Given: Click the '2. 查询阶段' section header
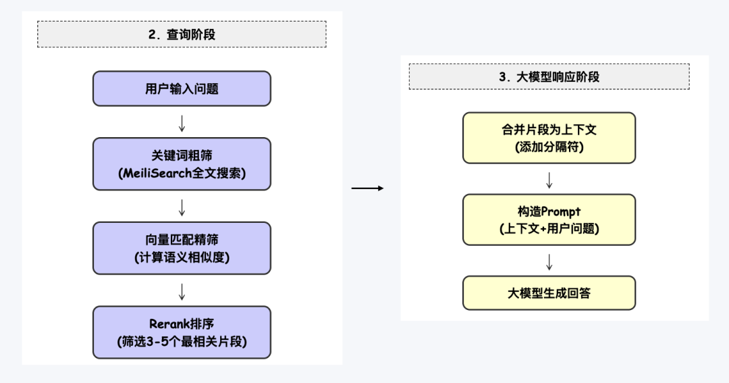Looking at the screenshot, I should pyautogui.click(x=182, y=34).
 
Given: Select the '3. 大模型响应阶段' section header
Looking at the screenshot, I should pyautogui.click(x=549, y=77).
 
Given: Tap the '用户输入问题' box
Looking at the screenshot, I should pyautogui.click(x=182, y=88).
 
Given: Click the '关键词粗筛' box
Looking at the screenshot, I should pyautogui.click(x=182, y=163).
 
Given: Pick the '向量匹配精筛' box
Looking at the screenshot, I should pyautogui.click(x=182, y=248).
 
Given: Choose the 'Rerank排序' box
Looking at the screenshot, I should pyautogui.click(x=182, y=332).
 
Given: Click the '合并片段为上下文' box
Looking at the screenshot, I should pyautogui.click(x=549, y=138).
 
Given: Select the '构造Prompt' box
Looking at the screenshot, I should pyautogui.click(x=549, y=220).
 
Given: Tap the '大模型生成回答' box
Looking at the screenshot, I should pyautogui.click(x=549, y=293).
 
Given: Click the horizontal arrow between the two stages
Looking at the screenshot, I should pyautogui.click(x=368, y=188).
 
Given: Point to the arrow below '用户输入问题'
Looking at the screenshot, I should pyautogui.click(x=182, y=123).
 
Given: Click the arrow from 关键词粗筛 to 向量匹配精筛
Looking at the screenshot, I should pyautogui.click(x=182, y=207).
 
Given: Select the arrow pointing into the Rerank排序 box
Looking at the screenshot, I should pyautogui.click(x=182, y=291).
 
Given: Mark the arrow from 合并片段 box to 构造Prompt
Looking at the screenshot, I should pyautogui.click(x=549, y=180).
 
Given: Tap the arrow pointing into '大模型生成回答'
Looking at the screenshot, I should pyautogui.click(x=549, y=261).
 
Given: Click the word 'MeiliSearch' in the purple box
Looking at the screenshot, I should pyautogui.click(x=155, y=173).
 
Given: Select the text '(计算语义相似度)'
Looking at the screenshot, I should pyautogui.click(x=182, y=257).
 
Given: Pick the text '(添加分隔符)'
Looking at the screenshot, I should pyautogui.click(x=549, y=147).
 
